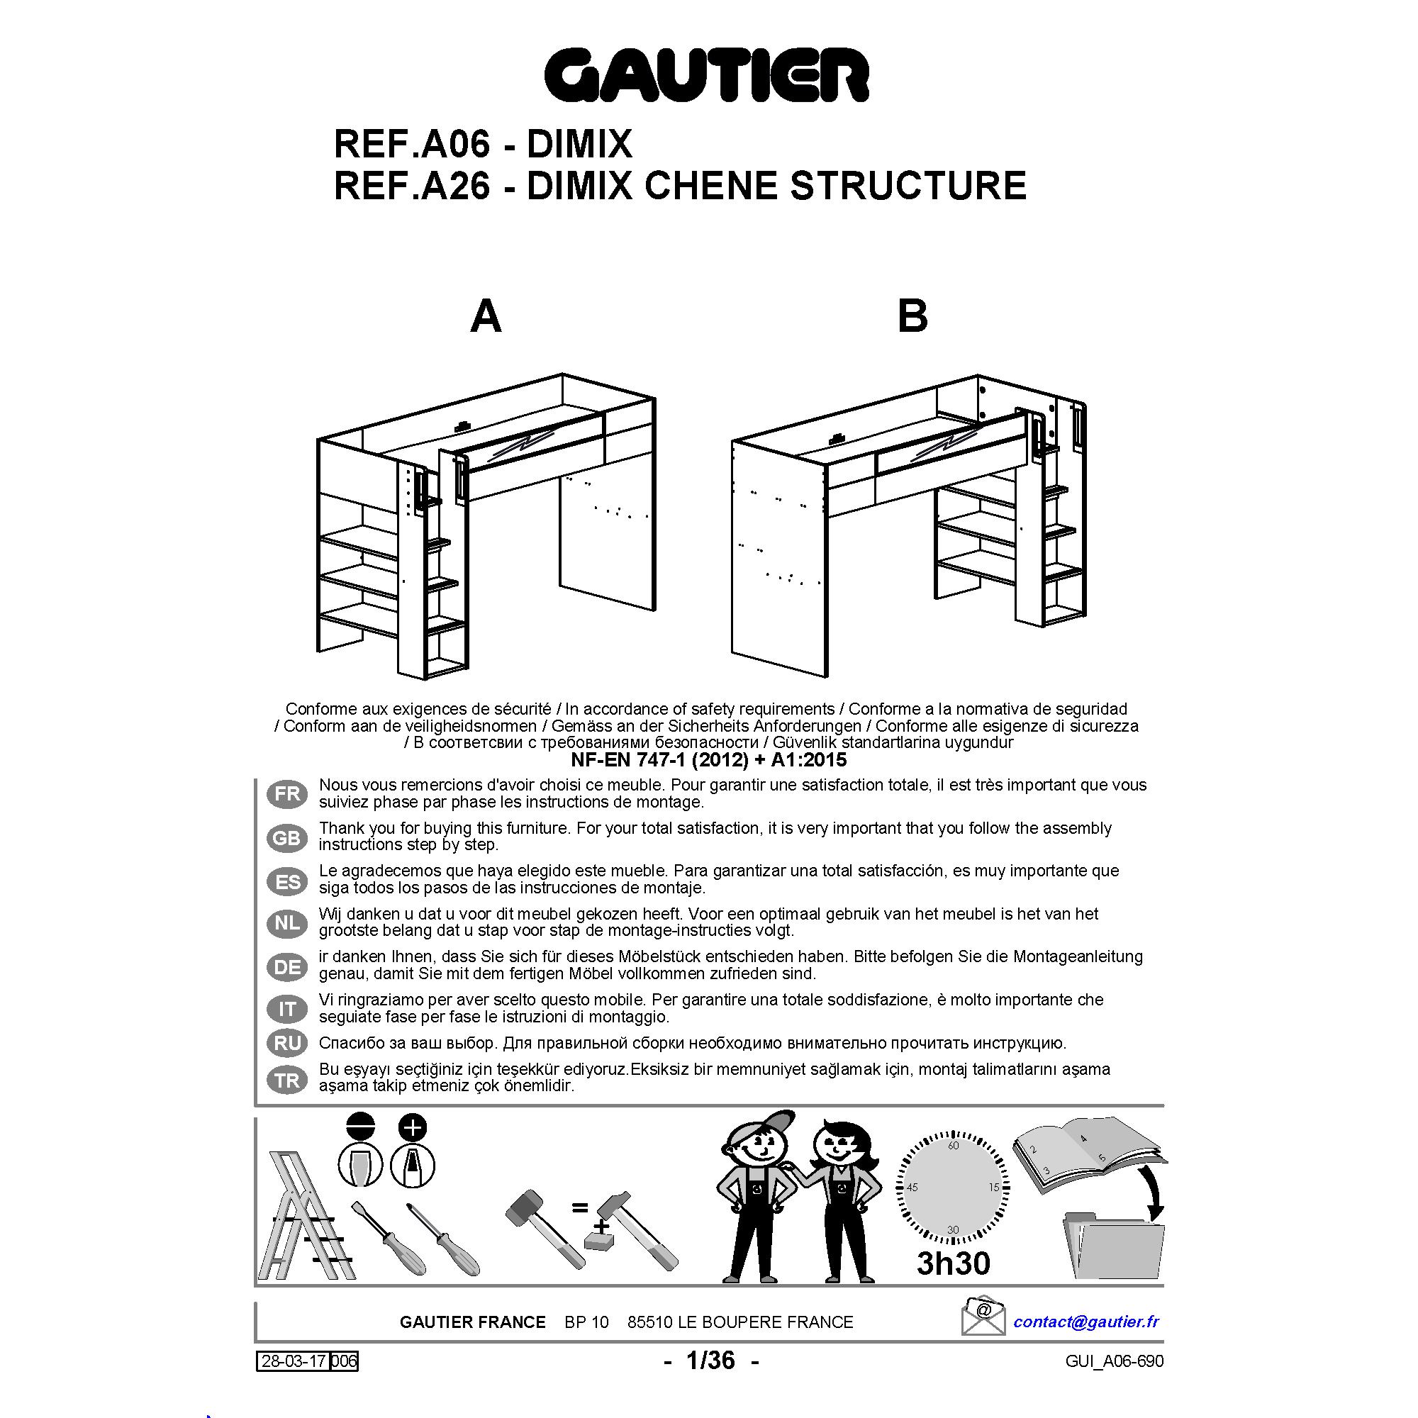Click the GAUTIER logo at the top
(707, 76)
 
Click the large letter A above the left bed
(485, 317)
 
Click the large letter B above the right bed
(912, 317)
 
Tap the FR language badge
(288, 793)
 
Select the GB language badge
(288, 837)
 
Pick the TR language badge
(288, 1081)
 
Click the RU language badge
(288, 1042)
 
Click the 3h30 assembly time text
(953, 1263)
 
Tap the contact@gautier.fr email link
(1086, 1322)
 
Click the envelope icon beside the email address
(983, 1317)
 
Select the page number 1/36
(710, 1360)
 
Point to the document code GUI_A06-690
(1114, 1361)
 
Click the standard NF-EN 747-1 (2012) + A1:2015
(709, 759)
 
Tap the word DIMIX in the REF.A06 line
(579, 144)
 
